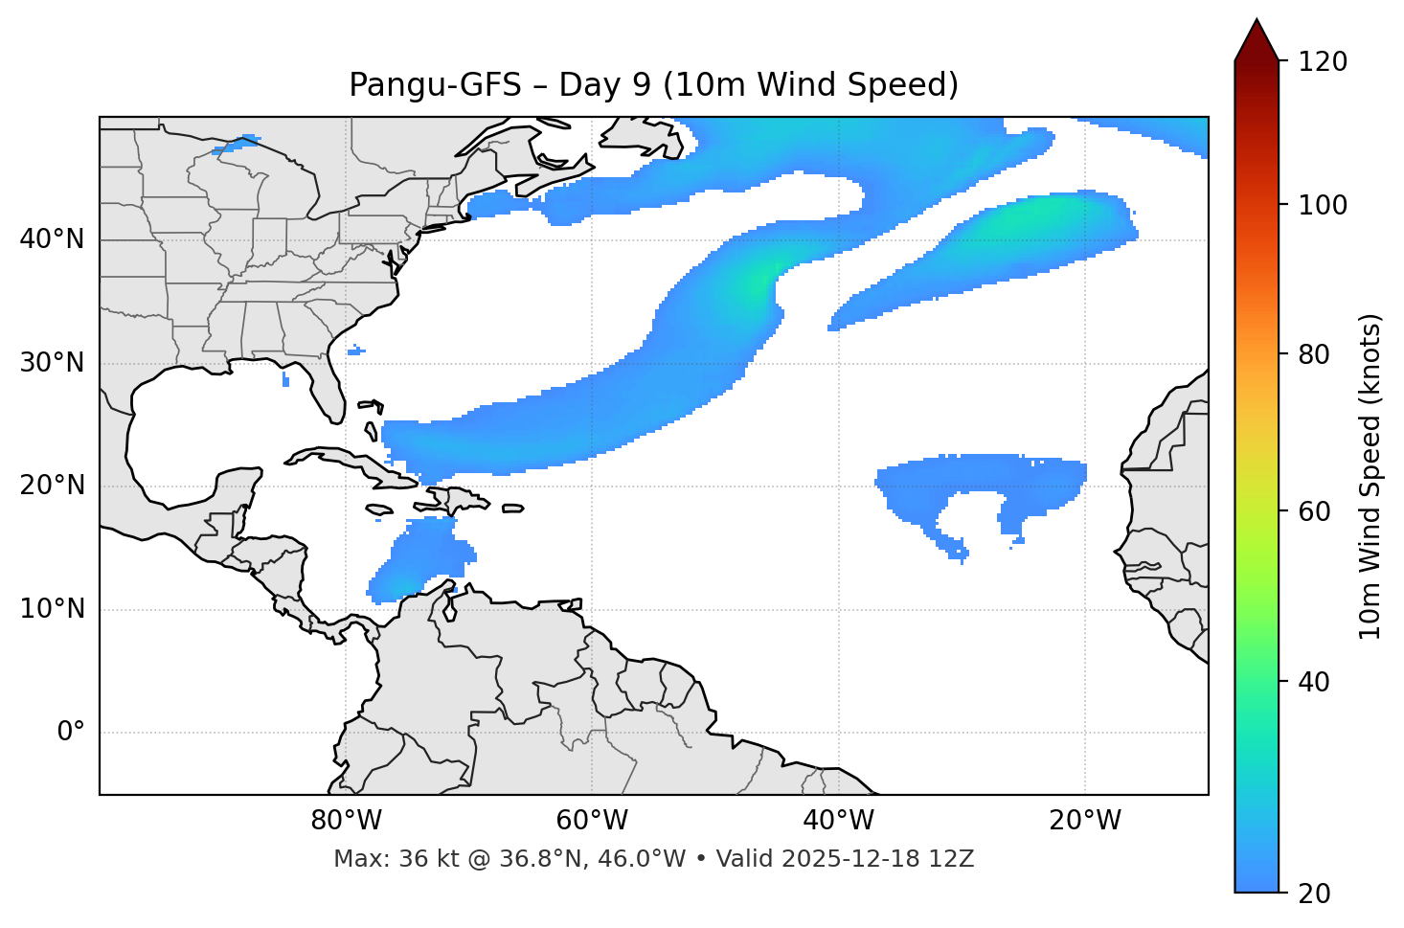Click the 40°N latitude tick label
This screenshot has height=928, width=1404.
52,239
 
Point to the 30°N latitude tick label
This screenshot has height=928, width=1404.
52,363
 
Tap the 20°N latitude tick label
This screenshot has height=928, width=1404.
52,486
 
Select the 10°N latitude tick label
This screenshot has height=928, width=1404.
52,609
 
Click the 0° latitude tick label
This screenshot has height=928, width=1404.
71,733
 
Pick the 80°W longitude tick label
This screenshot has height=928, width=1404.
346,821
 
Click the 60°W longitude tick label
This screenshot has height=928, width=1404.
592,821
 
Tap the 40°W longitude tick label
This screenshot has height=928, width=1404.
838,821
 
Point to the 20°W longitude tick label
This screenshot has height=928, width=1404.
1084,821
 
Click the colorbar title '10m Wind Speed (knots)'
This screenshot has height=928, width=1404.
1370,477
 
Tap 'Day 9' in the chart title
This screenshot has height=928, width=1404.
604,85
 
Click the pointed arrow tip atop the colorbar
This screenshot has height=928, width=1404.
1257,23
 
